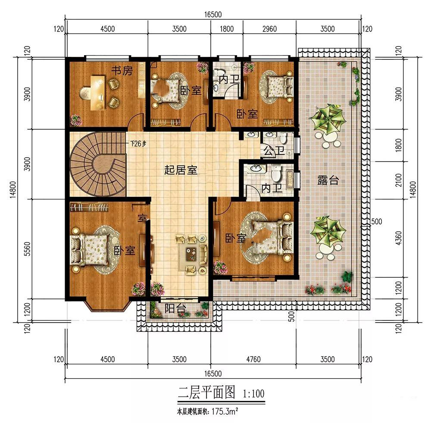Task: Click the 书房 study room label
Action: click(x=122, y=71)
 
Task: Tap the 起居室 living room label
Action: click(x=181, y=170)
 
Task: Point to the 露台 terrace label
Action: click(x=328, y=180)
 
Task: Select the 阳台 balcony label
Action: click(x=175, y=308)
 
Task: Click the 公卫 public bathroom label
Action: click(x=274, y=151)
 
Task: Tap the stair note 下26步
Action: click(x=138, y=143)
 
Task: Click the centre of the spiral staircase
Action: click(x=98, y=164)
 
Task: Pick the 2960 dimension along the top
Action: click(x=269, y=28)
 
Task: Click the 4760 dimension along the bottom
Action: click(x=253, y=359)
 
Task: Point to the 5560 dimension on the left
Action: click(x=27, y=249)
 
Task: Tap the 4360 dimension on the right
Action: click(x=399, y=238)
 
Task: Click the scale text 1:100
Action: click(x=253, y=394)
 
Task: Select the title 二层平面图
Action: click(x=207, y=392)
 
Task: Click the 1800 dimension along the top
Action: click(x=227, y=28)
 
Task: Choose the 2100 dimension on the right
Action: click(x=399, y=180)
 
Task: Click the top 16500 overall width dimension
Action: click(x=213, y=14)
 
